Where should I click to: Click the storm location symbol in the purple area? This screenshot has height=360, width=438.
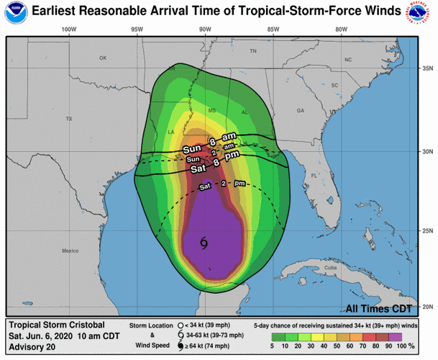coord(205,243)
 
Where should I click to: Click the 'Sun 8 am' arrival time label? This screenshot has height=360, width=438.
coord(213,138)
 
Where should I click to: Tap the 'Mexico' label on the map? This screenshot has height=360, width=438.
coord(70,251)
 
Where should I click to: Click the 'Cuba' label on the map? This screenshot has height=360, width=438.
coord(331,268)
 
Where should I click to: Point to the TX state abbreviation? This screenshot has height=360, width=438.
coord(69,118)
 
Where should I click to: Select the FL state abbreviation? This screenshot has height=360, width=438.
coord(313,175)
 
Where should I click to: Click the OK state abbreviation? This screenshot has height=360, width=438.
coord(102,58)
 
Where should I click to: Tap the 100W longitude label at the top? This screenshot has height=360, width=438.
coord(69,30)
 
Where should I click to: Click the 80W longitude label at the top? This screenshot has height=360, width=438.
coord(341,30)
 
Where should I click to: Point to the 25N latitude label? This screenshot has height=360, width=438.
coord(426,230)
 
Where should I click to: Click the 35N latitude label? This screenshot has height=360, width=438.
coord(426,69)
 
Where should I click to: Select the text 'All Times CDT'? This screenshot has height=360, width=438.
coord(379,309)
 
